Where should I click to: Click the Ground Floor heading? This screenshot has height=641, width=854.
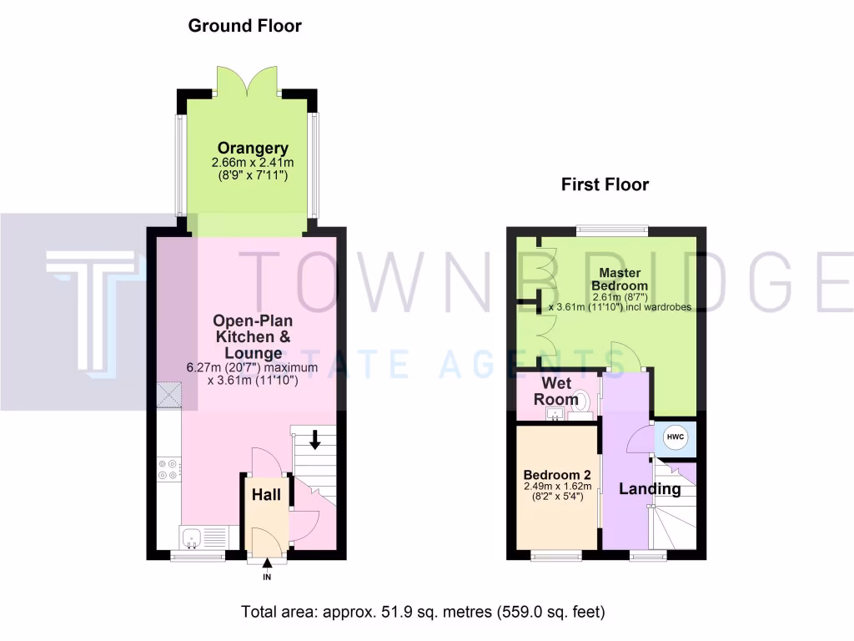[x=244, y=26]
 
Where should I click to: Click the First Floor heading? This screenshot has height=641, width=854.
[x=605, y=184]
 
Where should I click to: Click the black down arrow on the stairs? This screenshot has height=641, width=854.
[x=315, y=439]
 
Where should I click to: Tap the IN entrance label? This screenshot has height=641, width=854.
[x=267, y=577]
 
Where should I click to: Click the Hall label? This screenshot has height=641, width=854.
[x=266, y=496]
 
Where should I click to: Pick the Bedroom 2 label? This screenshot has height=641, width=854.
[x=557, y=473]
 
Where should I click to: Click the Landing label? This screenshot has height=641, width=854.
[x=650, y=489]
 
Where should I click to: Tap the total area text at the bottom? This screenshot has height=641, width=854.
[x=423, y=612]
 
